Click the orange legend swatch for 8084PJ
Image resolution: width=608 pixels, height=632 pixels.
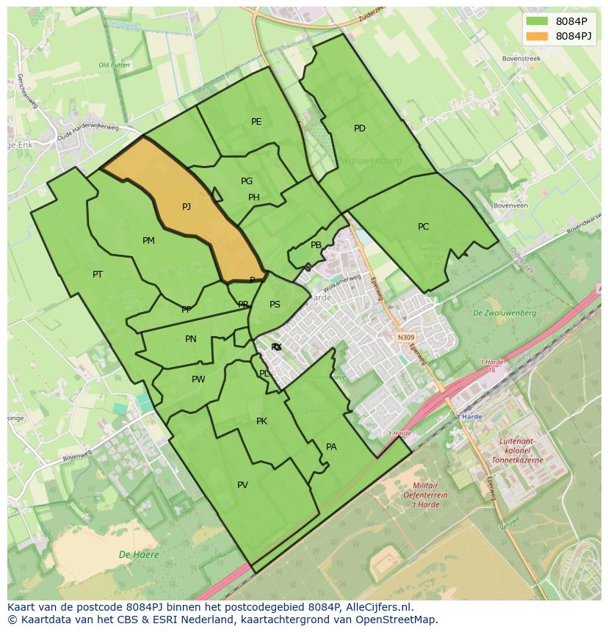point(537,36)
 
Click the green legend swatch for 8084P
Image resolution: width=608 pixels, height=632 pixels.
point(537,21)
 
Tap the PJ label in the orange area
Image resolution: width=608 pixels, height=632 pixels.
point(187,207)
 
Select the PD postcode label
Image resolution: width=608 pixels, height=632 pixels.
point(360,128)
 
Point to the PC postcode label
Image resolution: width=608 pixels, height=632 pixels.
point(423,227)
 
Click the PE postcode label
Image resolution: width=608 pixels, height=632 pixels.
point(256,122)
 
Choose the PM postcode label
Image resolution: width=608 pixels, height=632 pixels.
point(148,241)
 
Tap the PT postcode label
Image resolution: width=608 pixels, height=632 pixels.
point(98,275)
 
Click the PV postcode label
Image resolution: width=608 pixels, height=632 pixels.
point(242,485)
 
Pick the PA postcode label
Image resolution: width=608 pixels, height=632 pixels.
point(331,447)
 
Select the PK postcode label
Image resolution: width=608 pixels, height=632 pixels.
point(261,421)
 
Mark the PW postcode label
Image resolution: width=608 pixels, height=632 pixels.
point(198,379)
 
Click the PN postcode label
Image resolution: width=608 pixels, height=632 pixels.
point(191,339)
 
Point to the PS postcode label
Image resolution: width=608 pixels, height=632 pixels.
point(275,305)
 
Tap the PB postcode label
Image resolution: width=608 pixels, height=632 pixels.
point(316,246)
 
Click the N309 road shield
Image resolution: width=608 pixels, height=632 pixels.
point(405,338)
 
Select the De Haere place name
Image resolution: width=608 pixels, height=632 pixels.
point(139,555)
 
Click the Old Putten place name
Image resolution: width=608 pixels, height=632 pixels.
point(114,65)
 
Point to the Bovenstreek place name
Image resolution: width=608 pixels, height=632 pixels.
point(521,58)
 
